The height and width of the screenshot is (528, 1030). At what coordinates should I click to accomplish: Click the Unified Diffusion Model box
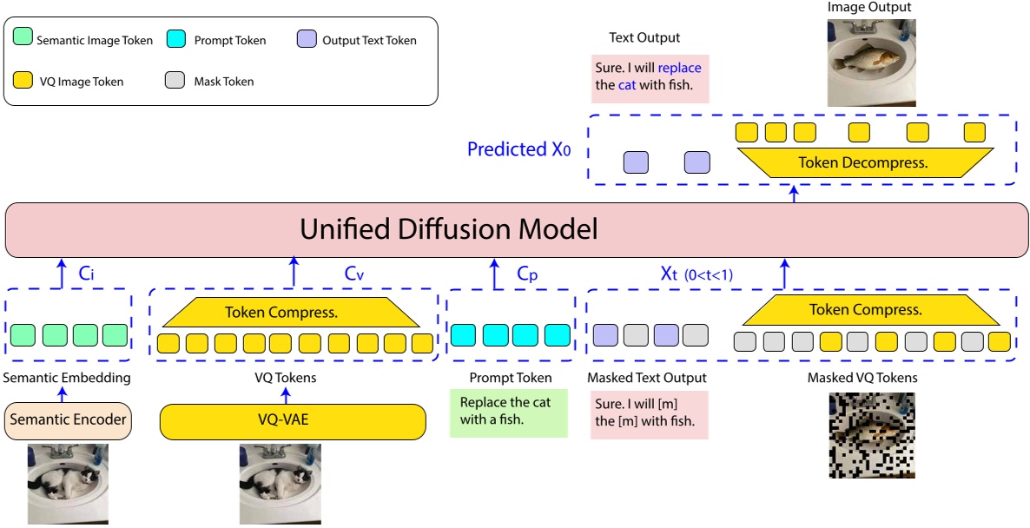click(x=514, y=230)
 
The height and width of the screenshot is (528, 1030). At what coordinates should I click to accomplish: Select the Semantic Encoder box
click(x=67, y=420)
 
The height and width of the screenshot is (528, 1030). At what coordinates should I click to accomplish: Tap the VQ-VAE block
click(x=293, y=421)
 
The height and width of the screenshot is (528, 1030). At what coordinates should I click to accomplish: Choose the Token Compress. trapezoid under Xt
click(x=865, y=309)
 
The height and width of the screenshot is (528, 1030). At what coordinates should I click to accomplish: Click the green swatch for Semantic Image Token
click(x=24, y=39)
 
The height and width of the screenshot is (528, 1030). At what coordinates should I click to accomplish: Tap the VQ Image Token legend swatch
click(x=24, y=81)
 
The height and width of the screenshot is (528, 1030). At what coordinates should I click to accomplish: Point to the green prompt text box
click(x=508, y=412)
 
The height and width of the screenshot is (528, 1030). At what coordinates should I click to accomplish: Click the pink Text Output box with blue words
click(x=648, y=77)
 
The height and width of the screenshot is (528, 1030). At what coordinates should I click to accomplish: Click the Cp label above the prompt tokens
click(x=528, y=274)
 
